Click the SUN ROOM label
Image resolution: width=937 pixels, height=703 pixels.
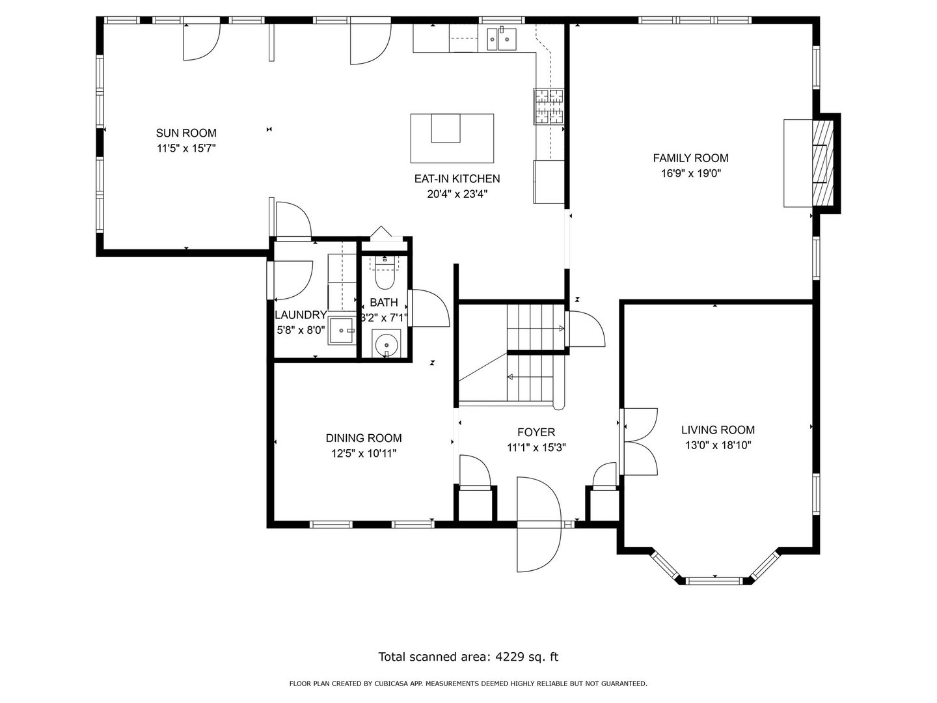tap(186, 133)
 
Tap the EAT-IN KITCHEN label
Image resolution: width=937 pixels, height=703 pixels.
tap(457, 178)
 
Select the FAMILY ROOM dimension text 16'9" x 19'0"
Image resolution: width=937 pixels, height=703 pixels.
tap(690, 173)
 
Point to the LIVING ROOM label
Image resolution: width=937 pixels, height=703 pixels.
tap(718, 430)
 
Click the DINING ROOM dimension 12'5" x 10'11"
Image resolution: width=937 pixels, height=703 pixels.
tap(364, 453)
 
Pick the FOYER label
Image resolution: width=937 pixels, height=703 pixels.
tap(536, 432)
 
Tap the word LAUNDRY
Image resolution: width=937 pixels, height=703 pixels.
tap(301, 315)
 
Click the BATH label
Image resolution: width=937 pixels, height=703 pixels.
tap(384, 302)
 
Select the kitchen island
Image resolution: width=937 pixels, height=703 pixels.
tap(452, 138)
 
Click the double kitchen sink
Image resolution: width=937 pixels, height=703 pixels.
tap(502, 39)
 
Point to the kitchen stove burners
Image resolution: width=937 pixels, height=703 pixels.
tap(549, 106)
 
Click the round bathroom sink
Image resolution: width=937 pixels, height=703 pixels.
tap(387, 344)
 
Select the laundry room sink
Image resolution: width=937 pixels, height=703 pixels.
tap(341, 331)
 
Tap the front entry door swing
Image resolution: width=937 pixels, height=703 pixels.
tap(537, 525)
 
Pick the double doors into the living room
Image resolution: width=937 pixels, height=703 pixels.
tap(638, 441)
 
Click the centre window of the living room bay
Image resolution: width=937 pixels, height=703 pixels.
tap(715, 581)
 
